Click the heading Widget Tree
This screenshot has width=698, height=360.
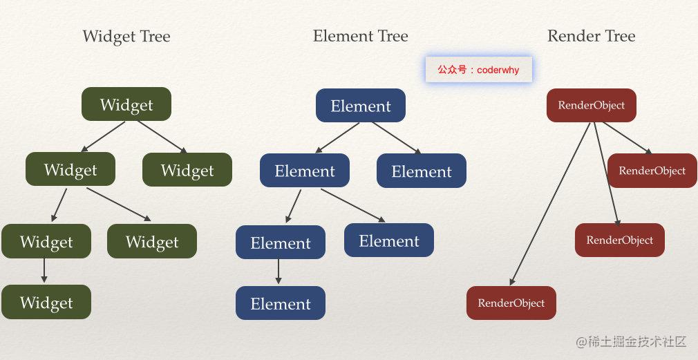(126, 36)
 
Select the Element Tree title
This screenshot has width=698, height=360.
(360, 36)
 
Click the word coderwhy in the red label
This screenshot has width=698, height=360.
(498, 70)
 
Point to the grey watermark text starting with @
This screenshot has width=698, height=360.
(631, 342)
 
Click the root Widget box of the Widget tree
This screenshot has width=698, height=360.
(126, 104)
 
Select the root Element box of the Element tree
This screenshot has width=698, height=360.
(361, 106)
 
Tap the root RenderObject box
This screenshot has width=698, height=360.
(591, 106)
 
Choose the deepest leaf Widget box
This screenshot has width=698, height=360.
(46, 302)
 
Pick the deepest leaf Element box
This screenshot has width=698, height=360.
(281, 303)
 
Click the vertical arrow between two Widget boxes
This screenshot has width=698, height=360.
(44, 271)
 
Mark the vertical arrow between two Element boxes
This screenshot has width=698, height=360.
(279, 272)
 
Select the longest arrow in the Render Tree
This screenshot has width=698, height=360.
(550, 204)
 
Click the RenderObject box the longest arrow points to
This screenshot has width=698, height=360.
(511, 303)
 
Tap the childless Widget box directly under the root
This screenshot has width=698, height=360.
(187, 169)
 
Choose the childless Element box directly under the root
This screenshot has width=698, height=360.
(421, 171)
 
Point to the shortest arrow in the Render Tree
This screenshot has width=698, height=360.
(628, 138)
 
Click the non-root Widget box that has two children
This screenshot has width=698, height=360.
(70, 169)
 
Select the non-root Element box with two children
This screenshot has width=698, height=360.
(305, 171)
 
